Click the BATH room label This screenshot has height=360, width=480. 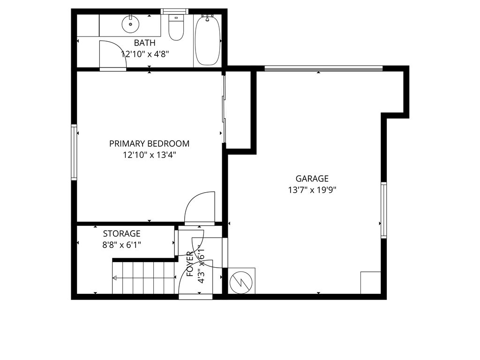[x=144, y=43]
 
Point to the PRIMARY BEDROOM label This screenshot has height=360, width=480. [x=149, y=143]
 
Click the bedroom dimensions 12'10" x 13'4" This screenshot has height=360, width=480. [x=149, y=155]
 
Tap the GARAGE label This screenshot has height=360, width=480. [x=312, y=179]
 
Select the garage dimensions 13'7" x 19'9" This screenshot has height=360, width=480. [x=312, y=190]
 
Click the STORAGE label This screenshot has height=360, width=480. [x=121, y=233]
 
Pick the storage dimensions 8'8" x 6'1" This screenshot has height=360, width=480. [x=121, y=244]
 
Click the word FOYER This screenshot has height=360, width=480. [x=190, y=264]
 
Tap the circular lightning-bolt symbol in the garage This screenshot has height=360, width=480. [x=242, y=281]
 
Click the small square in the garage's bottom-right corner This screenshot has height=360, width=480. [x=370, y=283]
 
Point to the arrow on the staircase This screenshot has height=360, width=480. [x=136, y=278]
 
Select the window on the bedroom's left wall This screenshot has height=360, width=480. [x=74, y=152]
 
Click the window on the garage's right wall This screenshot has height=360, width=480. [x=383, y=210]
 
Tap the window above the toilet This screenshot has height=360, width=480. [x=175, y=11]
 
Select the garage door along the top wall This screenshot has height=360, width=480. [x=323, y=69]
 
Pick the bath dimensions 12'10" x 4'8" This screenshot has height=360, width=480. [x=144, y=54]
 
